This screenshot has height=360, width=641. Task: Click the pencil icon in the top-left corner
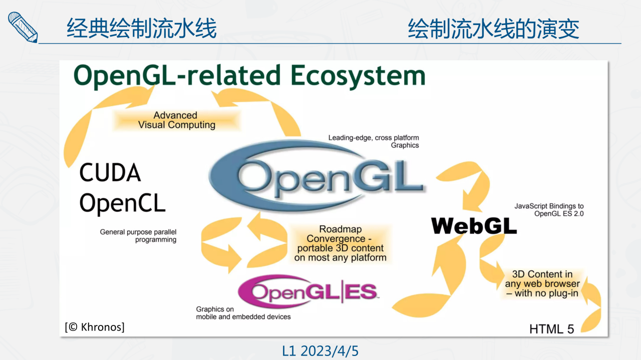pyautogui.click(x=23, y=27)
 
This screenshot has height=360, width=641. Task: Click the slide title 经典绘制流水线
pyautogui.click(x=142, y=29)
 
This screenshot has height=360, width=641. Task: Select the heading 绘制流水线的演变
pyautogui.click(x=494, y=29)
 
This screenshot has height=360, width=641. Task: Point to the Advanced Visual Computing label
pyautogui.click(x=176, y=120)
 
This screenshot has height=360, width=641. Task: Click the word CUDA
pyautogui.click(x=110, y=173)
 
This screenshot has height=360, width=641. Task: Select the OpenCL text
pyautogui.click(x=122, y=203)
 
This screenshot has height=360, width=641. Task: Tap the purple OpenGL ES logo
pyautogui.click(x=308, y=291)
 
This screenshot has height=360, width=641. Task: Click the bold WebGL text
pyautogui.click(x=474, y=226)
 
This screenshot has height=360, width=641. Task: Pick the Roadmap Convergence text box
pyautogui.click(x=341, y=243)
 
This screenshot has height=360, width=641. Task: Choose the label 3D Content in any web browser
pyautogui.click(x=542, y=283)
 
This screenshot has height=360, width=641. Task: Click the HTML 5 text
pyautogui.click(x=551, y=329)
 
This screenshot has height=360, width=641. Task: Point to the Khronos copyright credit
pyautogui.click(x=95, y=327)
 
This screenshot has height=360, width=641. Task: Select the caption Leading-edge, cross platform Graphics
pyautogui.click(x=374, y=141)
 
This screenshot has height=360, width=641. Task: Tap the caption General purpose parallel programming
pyautogui.click(x=138, y=236)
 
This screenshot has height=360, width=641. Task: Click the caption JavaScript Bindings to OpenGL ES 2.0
pyautogui.click(x=549, y=210)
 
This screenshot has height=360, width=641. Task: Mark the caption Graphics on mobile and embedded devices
pyautogui.click(x=243, y=313)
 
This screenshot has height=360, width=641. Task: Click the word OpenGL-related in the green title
pyautogui.click(x=177, y=76)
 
